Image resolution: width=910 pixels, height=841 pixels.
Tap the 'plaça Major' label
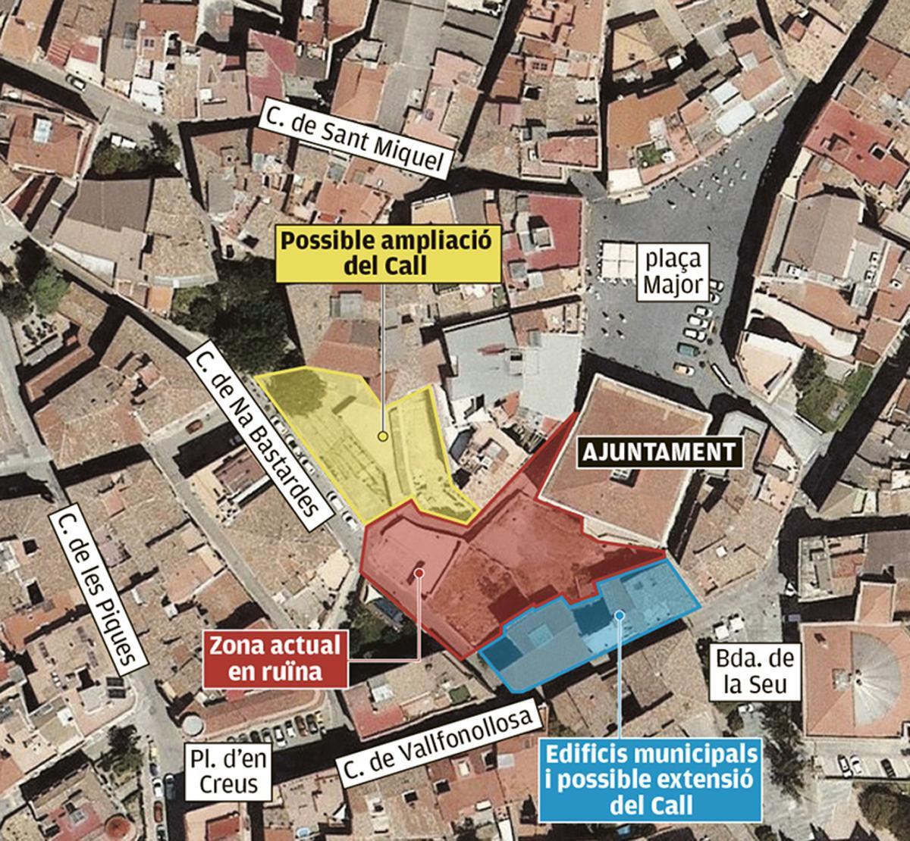[673, 273]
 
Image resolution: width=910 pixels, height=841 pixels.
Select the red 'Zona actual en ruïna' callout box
[275, 658]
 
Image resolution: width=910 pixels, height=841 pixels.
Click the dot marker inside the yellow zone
[383, 436]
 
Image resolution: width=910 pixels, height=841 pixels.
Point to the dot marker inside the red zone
[419, 573]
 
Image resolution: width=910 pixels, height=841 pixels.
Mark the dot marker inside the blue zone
[620, 615]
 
